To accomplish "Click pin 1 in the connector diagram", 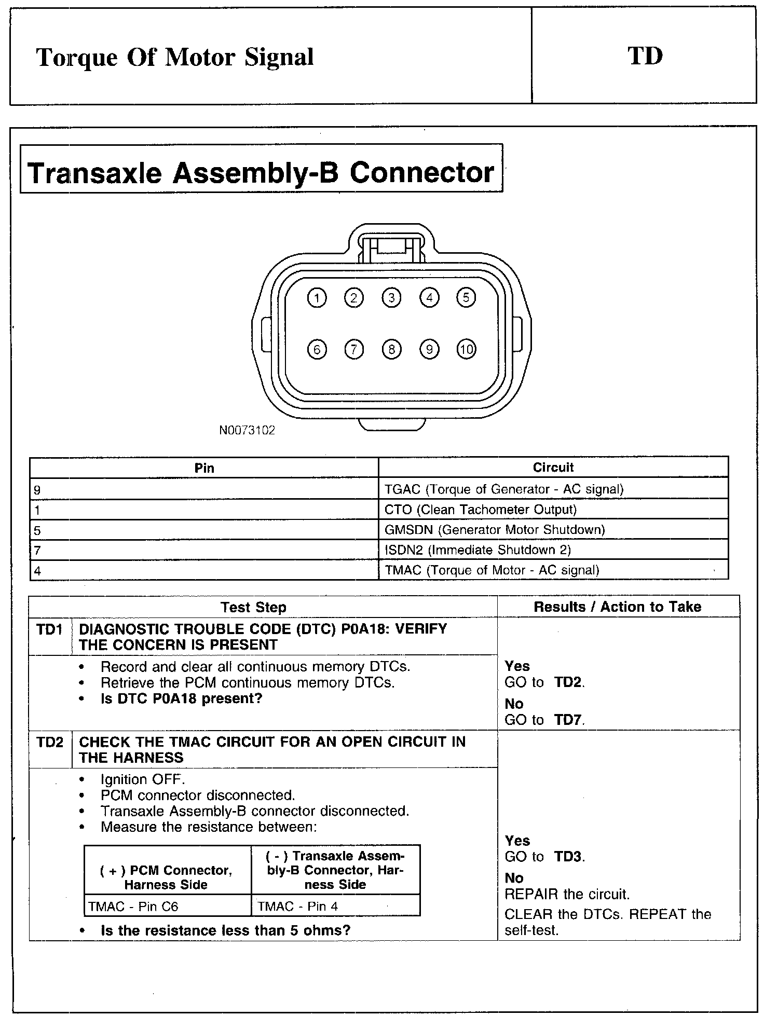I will pyautogui.click(x=317, y=298).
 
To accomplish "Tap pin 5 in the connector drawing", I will pyautogui.click(x=466, y=298).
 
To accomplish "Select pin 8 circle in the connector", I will pyautogui.click(x=391, y=349).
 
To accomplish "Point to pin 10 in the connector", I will pyautogui.click(x=466, y=349).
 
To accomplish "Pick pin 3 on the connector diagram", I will pyautogui.click(x=391, y=298).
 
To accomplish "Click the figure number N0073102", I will pyautogui.click(x=247, y=430).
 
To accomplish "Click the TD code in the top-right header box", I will pyautogui.click(x=645, y=56).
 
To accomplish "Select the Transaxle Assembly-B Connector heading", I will pyautogui.click(x=261, y=172).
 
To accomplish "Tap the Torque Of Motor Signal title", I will pyautogui.click(x=175, y=57).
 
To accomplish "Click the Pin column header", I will pyautogui.click(x=204, y=468).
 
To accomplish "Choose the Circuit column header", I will pyautogui.click(x=553, y=468).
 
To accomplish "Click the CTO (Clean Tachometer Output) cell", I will pyautogui.click(x=481, y=510).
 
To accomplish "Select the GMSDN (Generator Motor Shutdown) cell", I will pyautogui.click(x=495, y=530).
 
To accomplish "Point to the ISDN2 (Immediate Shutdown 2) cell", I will pyautogui.click(x=477, y=550).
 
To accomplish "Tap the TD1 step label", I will pyautogui.click(x=49, y=629).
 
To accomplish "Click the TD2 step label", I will pyautogui.click(x=49, y=742).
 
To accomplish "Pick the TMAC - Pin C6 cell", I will pyautogui.click(x=133, y=907).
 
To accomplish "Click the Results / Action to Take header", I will pyautogui.click(x=618, y=607).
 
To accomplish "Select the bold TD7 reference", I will pyautogui.click(x=568, y=720).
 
